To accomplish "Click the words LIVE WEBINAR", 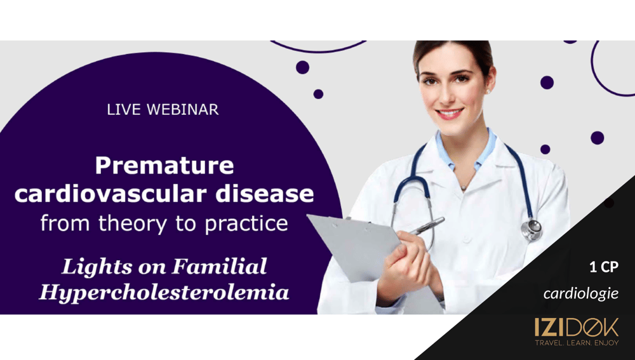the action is tap(163, 110).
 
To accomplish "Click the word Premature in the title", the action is tap(164, 165).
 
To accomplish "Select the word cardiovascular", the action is tap(112, 194).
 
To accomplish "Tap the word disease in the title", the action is tap(265, 194).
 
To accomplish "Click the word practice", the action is tap(246, 223).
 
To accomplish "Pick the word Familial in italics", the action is tap(220, 266).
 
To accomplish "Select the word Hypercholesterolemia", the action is tap(164, 292).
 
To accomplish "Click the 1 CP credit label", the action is tap(604, 268).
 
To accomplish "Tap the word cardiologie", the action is tap(581, 293).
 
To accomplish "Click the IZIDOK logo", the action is tap(577, 327).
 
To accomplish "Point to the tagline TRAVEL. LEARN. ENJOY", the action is tap(577, 343).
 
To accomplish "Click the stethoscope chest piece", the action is tap(531, 230).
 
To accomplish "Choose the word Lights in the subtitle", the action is tap(91, 267).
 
